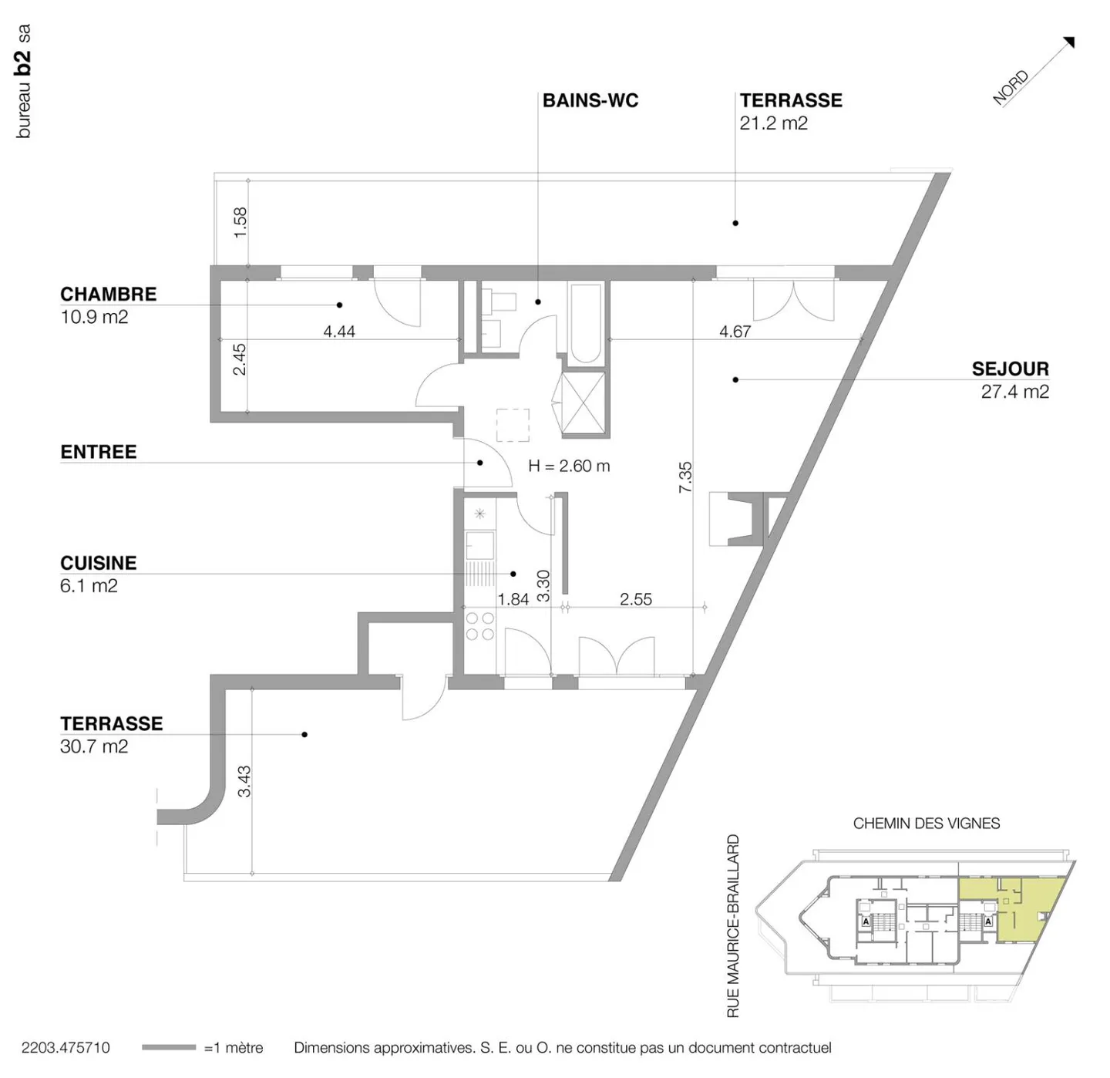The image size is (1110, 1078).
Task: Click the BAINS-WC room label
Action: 590,100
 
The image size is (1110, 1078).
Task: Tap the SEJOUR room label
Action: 1010,369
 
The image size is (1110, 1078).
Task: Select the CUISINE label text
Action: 98,563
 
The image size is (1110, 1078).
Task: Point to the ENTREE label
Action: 98,452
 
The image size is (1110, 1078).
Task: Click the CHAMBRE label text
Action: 108,294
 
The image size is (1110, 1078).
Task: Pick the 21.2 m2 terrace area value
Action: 773,123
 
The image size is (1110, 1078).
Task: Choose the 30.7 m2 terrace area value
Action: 93,746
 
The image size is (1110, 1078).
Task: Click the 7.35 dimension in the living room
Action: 685,477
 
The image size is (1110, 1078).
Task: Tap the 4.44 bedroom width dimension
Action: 339,332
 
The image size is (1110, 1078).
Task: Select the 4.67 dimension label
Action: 735,332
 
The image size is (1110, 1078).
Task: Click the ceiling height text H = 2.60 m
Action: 569,466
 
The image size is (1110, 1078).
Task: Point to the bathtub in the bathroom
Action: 585,322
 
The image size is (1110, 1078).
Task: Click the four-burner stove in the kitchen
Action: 479,626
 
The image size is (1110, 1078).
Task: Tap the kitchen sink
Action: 479,544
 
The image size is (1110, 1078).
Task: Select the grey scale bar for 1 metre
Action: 169,1047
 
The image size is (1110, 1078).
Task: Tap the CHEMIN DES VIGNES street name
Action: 926,824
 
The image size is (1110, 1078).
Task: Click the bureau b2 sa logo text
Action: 23,82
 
